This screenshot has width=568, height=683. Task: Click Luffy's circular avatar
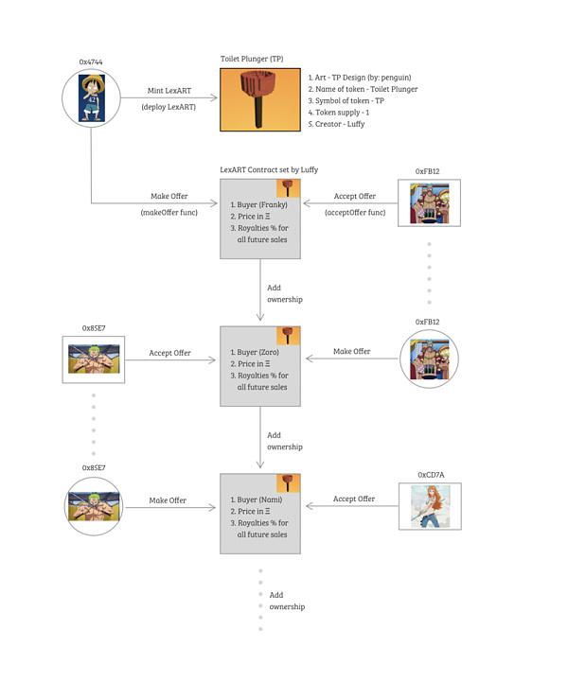point(91,98)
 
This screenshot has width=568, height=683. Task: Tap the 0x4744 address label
point(92,61)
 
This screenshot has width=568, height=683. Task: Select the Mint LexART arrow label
point(169,91)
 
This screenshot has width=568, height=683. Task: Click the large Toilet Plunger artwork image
point(259,99)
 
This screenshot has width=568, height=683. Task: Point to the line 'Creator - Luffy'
point(336,124)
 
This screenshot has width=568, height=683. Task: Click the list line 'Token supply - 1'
point(338,113)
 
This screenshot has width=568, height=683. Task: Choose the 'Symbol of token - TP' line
point(346,100)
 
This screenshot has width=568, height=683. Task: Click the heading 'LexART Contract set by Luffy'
point(269,169)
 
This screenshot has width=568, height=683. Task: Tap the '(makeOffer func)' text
point(169,212)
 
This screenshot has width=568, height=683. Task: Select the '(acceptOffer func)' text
point(354,212)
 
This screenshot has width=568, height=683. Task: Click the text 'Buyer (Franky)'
point(258,204)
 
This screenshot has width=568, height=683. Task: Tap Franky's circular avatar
point(428,359)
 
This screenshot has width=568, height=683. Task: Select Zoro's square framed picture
point(94,359)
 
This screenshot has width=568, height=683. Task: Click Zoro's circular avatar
point(94,506)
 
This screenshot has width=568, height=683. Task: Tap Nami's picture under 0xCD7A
point(430,506)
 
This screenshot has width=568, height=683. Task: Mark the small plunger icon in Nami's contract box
point(288,482)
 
